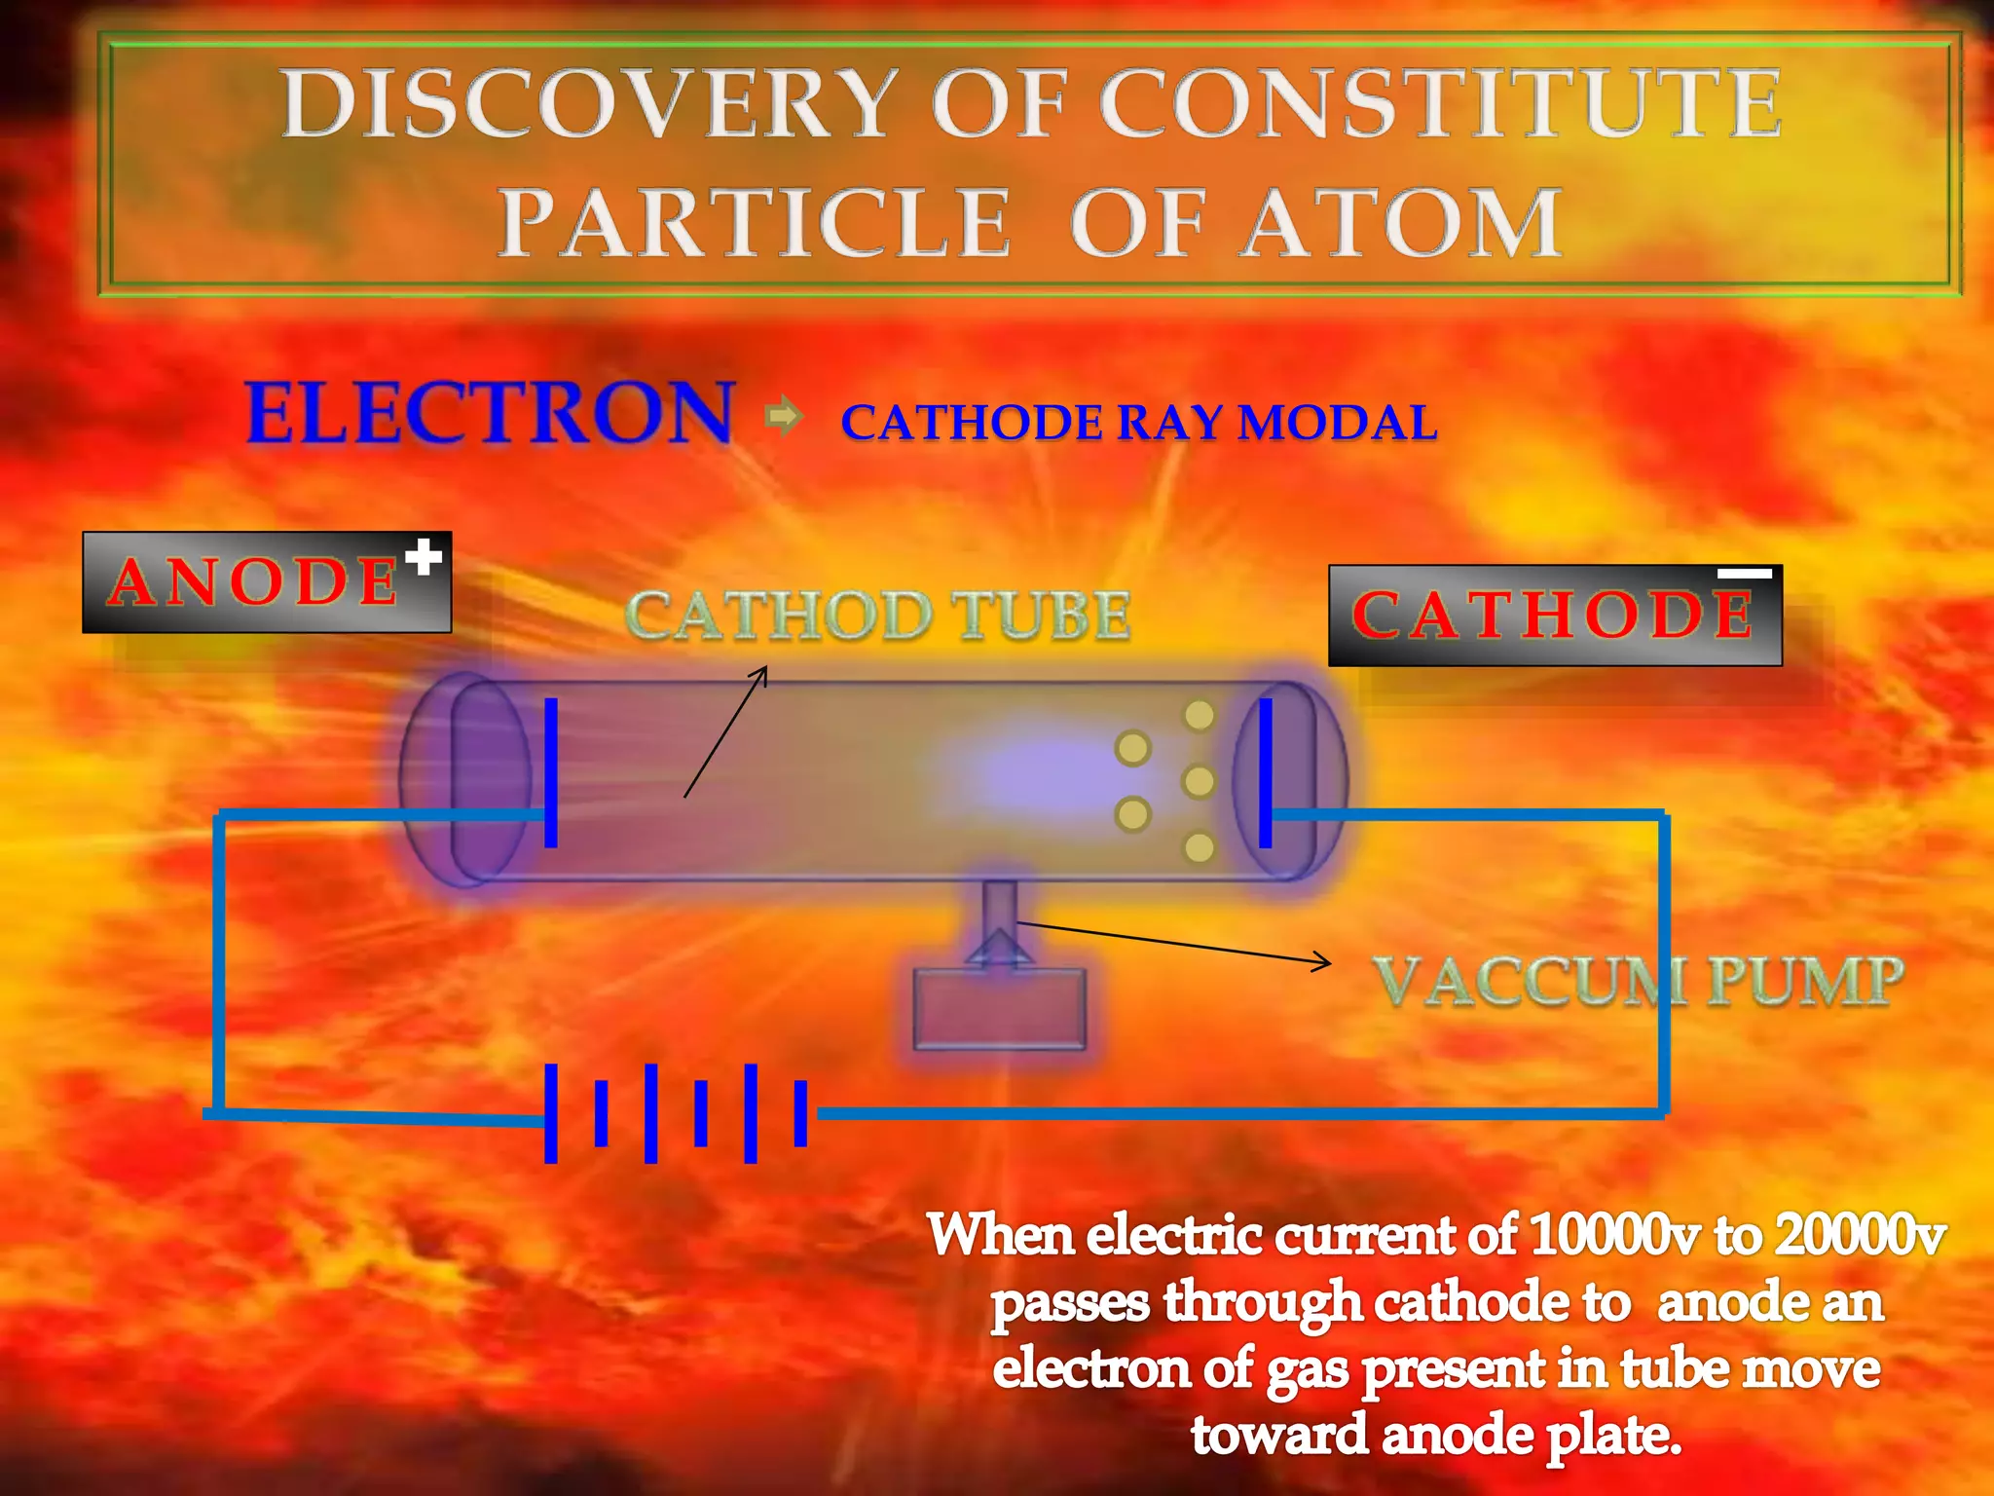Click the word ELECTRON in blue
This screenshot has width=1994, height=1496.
490,413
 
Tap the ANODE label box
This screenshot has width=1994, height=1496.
266,582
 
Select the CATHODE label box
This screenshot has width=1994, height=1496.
1554,616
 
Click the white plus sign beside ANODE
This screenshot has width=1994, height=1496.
424,558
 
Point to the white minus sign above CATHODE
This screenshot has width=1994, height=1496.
1744,574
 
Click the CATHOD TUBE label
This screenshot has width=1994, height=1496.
877,617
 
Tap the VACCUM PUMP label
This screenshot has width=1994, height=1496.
1639,981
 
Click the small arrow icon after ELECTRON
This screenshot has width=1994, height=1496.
784,417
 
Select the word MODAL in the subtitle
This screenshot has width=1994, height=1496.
1338,423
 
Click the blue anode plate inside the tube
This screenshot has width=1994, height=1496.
551,772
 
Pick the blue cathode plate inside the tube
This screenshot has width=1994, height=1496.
1265,772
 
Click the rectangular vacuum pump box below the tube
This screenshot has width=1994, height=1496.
999,1008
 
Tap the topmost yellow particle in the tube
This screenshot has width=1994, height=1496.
1199,716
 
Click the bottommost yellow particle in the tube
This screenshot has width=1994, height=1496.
1199,847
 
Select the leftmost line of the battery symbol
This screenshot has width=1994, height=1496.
551,1113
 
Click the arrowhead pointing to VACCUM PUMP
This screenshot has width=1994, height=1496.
1322,962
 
